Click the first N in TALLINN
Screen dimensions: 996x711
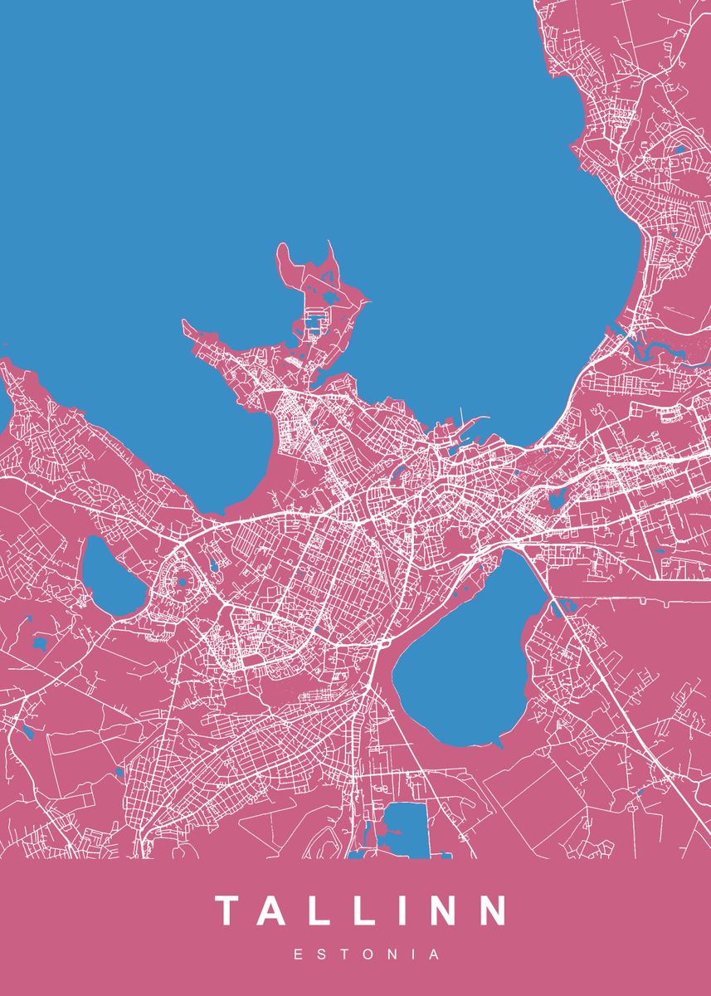441,911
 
